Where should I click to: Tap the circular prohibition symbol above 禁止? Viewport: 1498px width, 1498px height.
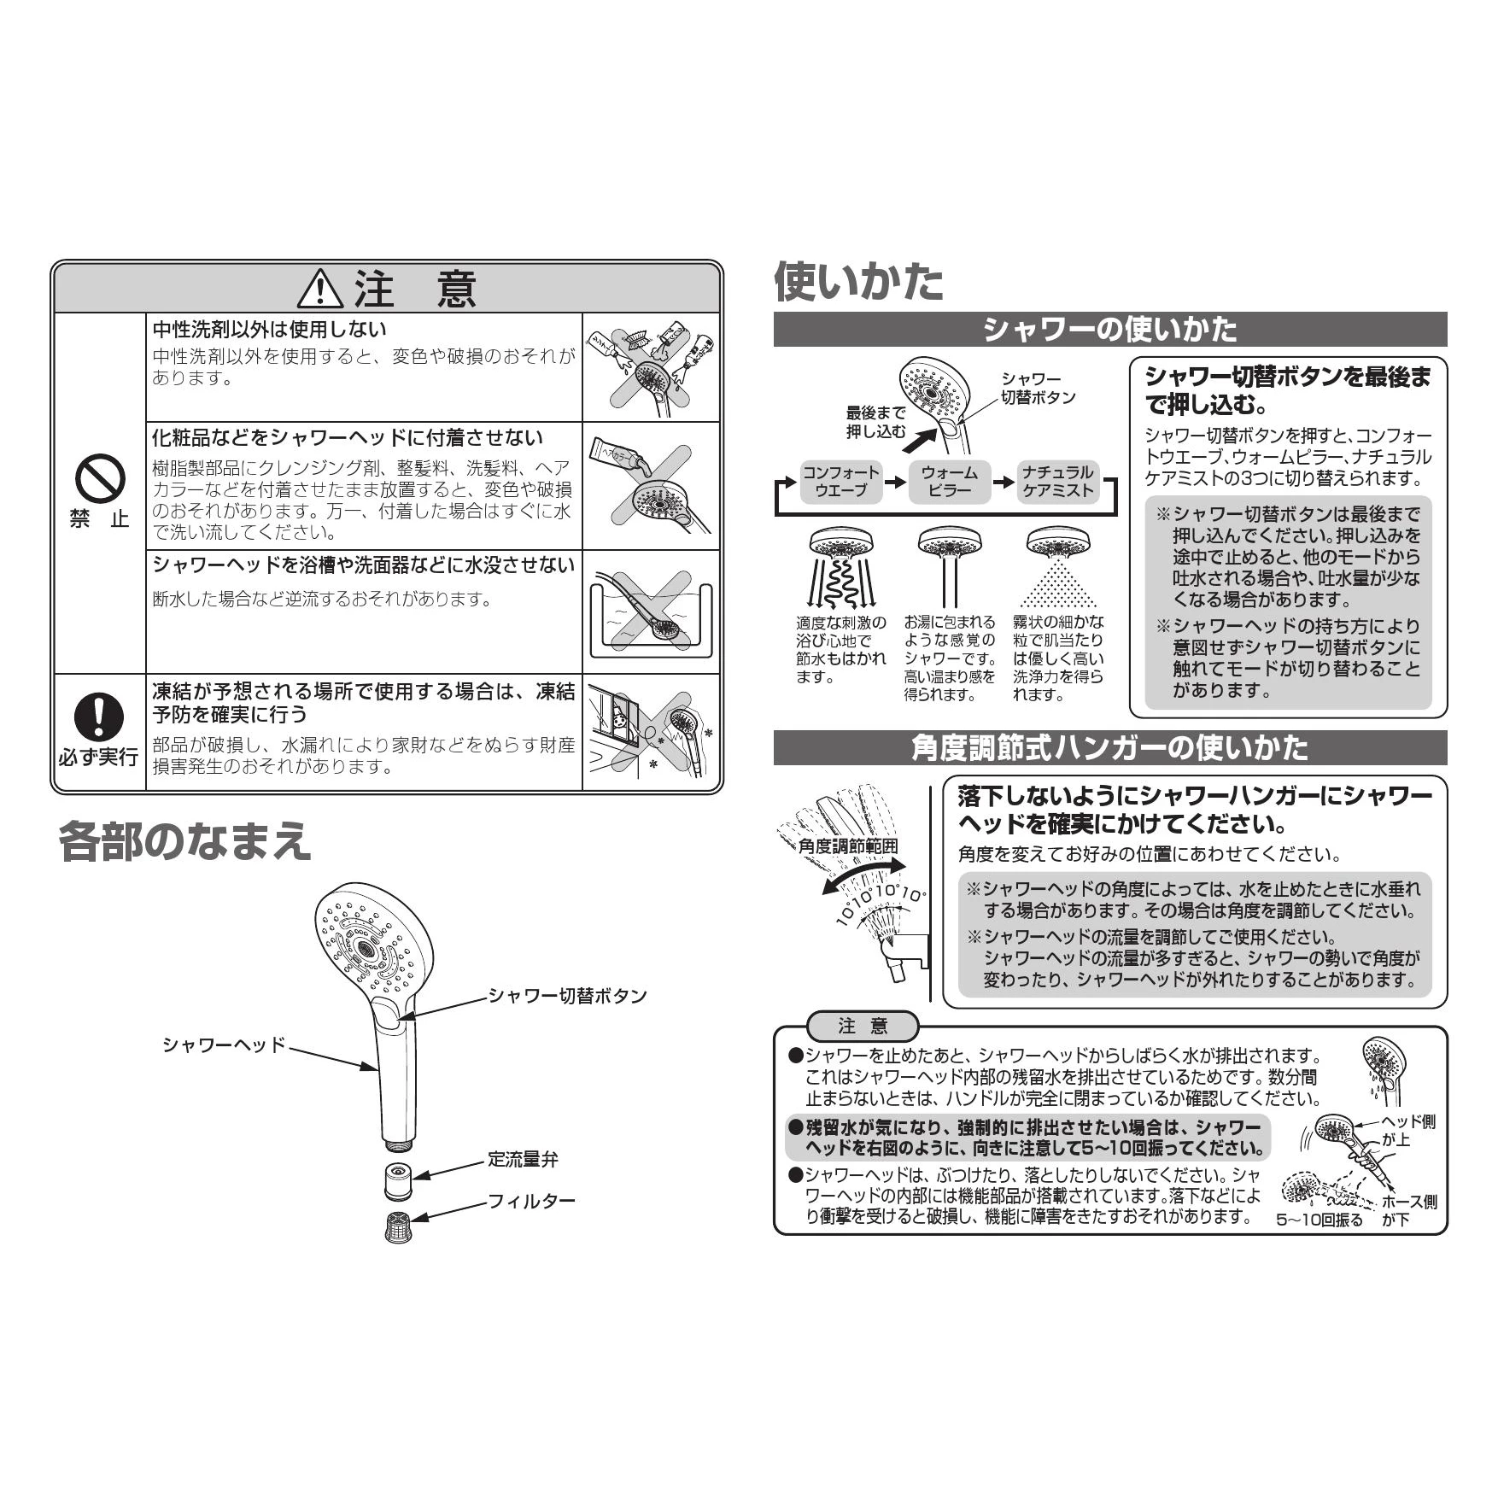[x=100, y=478]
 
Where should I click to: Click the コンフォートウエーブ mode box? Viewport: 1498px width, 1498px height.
[x=840, y=482]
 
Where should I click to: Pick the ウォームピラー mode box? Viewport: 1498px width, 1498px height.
[x=949, y=482]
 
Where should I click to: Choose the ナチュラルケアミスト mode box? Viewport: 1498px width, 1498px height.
[x=1057, y=482]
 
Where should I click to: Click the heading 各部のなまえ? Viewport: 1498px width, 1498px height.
[x=184, y=842]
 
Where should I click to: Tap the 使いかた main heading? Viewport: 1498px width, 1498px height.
[x=858, y=282]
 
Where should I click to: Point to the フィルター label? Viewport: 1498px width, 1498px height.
[x=531, y=1202]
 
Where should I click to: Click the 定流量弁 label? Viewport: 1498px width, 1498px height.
[x=523, y=1160]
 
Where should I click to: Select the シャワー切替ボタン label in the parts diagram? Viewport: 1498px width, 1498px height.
[x=567, y=996]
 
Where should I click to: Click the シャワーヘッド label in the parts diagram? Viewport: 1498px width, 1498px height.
[x=224, y=1045]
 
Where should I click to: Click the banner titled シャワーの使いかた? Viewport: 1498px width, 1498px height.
[x=1110, y=330]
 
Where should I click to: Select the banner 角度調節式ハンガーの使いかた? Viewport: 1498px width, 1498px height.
[x=1110, y=748]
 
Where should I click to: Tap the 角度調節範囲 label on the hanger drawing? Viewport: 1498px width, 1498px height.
[x=848, y=846]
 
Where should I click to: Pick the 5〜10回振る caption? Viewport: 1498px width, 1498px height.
[x=1320, y=1220]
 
